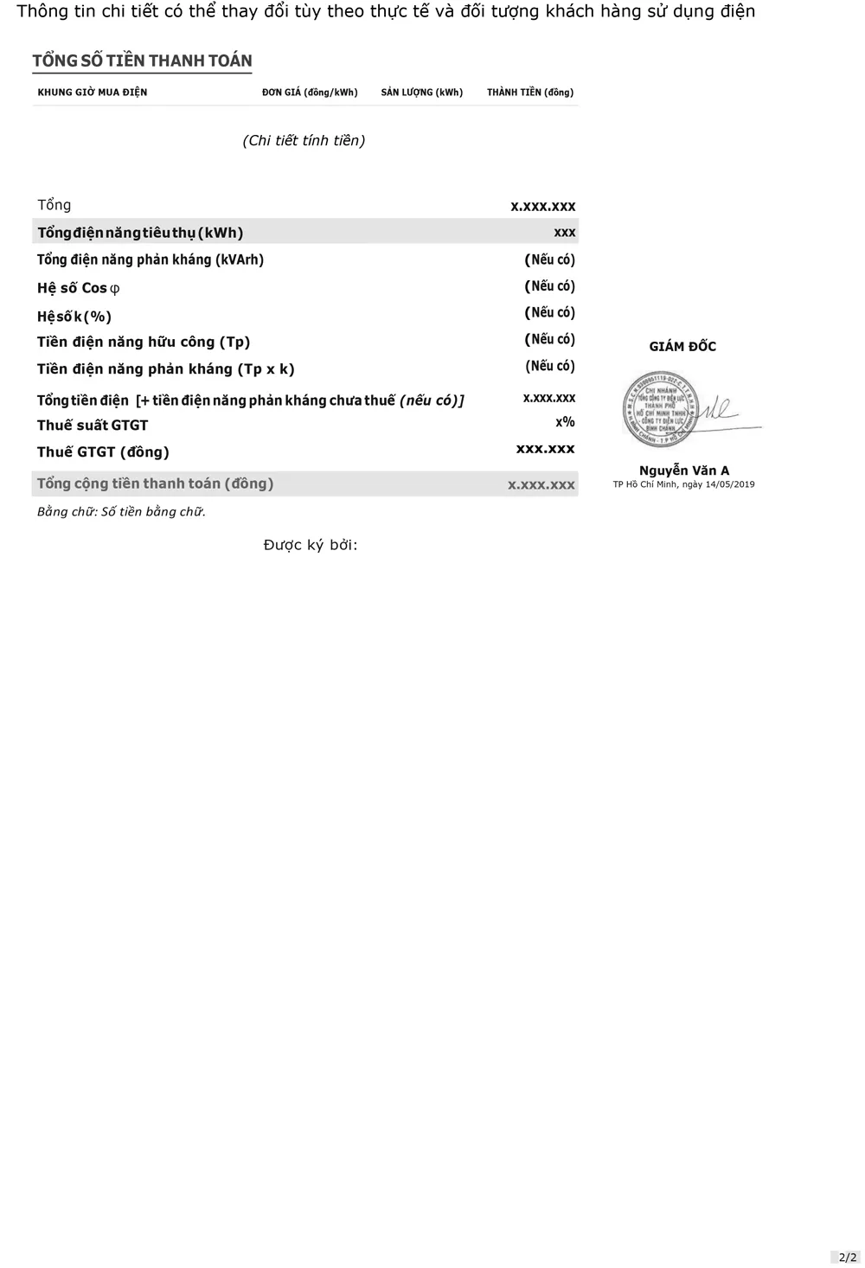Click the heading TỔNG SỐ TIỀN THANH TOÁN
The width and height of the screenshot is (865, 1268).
pyautogui.click(x=142, y=61)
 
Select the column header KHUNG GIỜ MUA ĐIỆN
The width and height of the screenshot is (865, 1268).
pyautogui.click(x=93, y=93)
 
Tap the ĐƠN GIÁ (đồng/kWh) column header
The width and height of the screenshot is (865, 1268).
pyautogui.click(x=310, y=93)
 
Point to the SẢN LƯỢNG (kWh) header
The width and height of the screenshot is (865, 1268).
pyautogui.click(x=421, y=93)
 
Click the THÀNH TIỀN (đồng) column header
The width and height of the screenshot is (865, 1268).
pyautogui.click(x=529, y=93)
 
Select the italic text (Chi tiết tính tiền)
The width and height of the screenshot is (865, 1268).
pyautogui.click(x=304, y=140)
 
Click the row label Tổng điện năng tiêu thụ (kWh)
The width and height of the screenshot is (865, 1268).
pyautogui.click(x=140, y=233)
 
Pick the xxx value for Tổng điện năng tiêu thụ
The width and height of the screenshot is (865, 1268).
pyautogui.click(x=564, y=233)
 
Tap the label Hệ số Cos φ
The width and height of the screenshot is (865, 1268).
pyautogui.click(x=78, y=288)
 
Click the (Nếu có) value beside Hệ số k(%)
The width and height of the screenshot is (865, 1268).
pyautogui.click(x=549, y=312)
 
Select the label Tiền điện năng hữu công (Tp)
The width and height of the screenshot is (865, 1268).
pyautogui.click(x=144, y=342)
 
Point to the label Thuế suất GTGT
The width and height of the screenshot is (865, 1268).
pyautogui.click(x=93, y=426)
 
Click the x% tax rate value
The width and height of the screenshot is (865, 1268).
pyautogui.click(x=565, y=422)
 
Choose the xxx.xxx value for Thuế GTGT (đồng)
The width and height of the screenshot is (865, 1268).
pyautogui.click(x=545, y=449)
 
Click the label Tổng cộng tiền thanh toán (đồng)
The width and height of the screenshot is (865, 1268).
pyautogui.click(x=155, y=484)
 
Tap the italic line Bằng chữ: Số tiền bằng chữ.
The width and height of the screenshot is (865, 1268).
pyautogui.click(x=121, y=512)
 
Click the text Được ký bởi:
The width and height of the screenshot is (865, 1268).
pyautogui.click(x=311, y=545)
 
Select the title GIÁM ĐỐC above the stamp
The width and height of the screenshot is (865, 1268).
pyautogui.click(x=682, y=347)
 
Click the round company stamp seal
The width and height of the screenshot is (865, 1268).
pyautogui.click(x=660, y=409)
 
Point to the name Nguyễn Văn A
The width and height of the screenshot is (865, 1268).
pyautogui.click(x=683, y=471)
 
